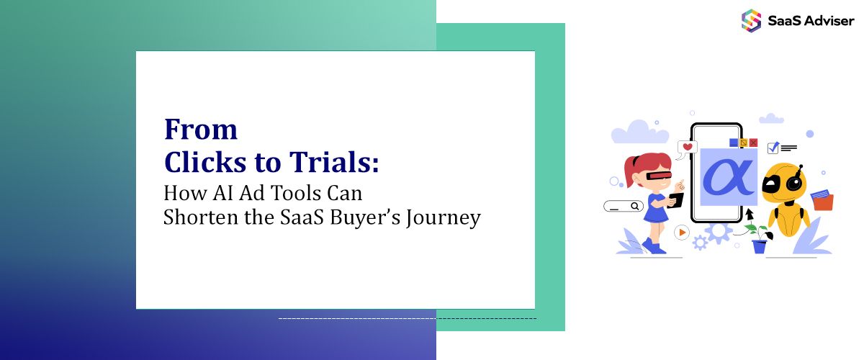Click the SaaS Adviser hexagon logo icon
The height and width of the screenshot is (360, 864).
(x=751, y=20)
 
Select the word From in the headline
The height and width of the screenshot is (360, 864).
(x=201, y=130)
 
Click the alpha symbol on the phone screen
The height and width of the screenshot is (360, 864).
(x=728, y=176)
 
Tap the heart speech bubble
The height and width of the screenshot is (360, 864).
(x=688, y=148)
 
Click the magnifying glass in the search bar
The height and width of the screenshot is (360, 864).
(x=635, y=207)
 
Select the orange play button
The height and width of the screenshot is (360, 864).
(x=681, y=233)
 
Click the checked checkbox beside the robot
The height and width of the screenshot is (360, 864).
(x=773, y=148)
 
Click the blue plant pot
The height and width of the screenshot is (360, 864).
(x=760, y=246)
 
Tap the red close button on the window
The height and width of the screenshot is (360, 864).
(x=753, y=143)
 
